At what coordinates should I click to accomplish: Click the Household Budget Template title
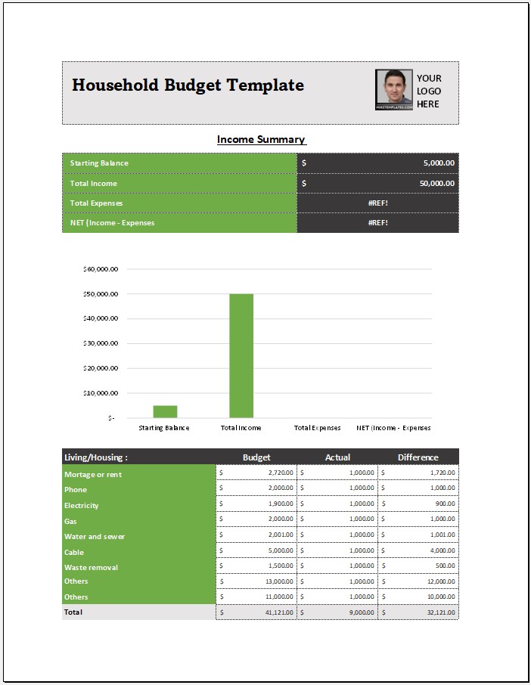[188, 85]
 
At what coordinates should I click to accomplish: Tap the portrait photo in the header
[393, 90]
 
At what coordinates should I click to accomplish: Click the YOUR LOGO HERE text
[429, 91]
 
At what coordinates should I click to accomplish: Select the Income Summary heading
[261, 139]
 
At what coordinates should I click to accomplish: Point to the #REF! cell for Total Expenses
[377, 203]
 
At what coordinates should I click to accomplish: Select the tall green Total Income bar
[241, 355]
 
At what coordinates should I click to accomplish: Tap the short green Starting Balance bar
[165, 411]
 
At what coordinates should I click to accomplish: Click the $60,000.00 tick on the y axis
[100, 269]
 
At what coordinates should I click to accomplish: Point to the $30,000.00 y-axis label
[100, 343]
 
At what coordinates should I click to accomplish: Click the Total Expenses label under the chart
[317, 428]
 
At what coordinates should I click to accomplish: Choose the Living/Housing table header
[96, 457]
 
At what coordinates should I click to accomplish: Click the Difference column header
[418, 457]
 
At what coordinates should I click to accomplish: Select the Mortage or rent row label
[93, 475]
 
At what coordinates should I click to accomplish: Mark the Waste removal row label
[92, 568]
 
